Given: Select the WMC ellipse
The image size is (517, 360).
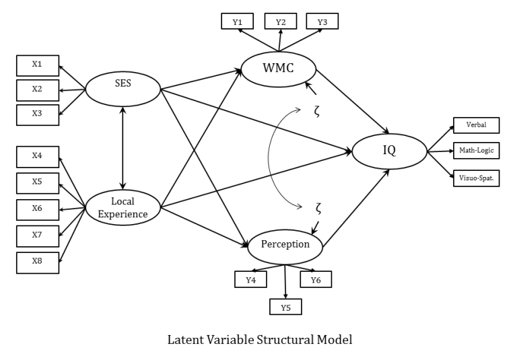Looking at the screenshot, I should tap(278, 69).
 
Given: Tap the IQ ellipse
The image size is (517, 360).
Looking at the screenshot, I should tap(389, 151).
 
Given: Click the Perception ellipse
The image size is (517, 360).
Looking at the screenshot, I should tap(285, 246).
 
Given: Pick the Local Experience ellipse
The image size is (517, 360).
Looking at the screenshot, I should tap(123, 207).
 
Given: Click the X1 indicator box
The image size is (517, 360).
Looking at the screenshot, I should tap(37, 65).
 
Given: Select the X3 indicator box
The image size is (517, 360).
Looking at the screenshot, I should tap(37, 114).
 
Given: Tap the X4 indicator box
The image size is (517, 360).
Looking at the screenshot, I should tap(37, 157).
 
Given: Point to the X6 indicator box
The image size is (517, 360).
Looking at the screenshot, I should tap(37, 209).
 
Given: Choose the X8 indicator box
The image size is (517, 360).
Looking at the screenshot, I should tap(37, 262).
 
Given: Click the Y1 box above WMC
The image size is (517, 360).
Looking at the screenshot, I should tap(237, 22).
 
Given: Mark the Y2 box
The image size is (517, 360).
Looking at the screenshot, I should tap(280, 22).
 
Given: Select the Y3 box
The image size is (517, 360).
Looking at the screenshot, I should tap(322, 22).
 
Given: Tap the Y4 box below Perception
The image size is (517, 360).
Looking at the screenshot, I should tap(250, 279).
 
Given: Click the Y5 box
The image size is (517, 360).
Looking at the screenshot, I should tap(286, 307).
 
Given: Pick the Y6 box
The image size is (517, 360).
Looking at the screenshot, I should tap(315, 279).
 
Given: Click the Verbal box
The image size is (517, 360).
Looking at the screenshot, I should tap(475, 125).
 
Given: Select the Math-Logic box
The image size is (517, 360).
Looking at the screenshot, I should tap(475, 151).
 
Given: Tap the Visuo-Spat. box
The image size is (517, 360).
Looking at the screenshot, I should tap(475, 178).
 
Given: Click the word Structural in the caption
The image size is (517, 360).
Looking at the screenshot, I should tap(287, 340).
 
